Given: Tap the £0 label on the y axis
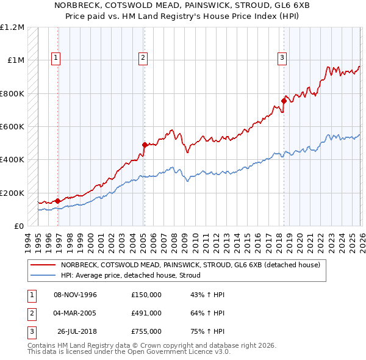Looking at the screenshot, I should [19, 226].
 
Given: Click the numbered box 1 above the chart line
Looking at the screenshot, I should [56, 58].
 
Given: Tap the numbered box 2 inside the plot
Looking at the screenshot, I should [143, 58].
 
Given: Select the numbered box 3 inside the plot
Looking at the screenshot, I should [282, 58].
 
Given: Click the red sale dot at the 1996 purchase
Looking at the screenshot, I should [57, 201].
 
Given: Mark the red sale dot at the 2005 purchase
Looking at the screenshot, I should [145, 145].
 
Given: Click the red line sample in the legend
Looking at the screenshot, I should [43, 265].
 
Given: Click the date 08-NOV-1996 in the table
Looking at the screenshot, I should [76, 295].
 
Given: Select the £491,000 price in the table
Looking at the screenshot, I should [146, 313].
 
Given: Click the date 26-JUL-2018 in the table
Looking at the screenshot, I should [77, 331].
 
